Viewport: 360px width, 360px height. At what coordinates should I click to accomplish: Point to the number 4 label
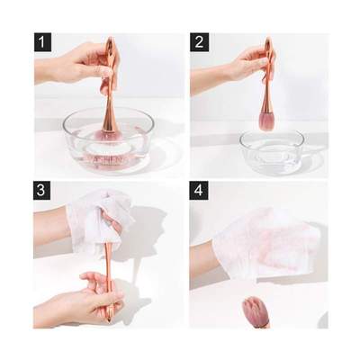pyautogui.click(x=200, y=193)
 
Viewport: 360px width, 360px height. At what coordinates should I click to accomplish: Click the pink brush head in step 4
pyautogui.click(x=256, y=311)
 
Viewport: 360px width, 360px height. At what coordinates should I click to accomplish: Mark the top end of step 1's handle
pyautogui.click(x=110, y=41)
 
